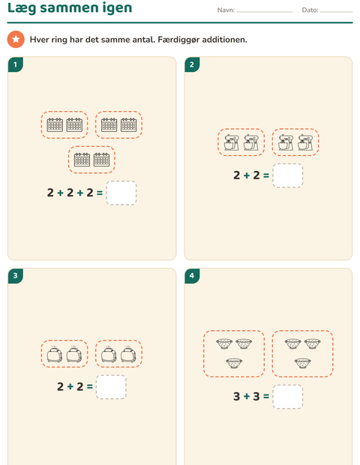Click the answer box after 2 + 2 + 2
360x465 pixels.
coord(121,193)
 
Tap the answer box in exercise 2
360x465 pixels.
coord(288,175)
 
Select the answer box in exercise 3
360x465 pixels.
coord(111,387)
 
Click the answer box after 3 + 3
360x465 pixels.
coord(288,397)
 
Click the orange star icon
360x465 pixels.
coord(16,39)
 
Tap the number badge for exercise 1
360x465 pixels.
coord(16,64)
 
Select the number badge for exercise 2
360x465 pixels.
coord(192,64)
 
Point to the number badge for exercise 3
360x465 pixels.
coord(16,276)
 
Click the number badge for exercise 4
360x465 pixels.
coord(192,276)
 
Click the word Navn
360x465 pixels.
coord(226,10)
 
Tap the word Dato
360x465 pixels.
coord(310,10)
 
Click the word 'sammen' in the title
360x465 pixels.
coord(69,7)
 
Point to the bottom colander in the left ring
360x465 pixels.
coord(234,363)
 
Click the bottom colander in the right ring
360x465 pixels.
coord(303,363)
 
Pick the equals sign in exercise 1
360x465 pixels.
coord(100,193)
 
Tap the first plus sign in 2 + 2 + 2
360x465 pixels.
coord(60,193)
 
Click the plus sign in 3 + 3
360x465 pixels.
coord(247,396)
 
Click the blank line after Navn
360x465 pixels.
coord(265,12)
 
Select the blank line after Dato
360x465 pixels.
coord(336,12)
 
